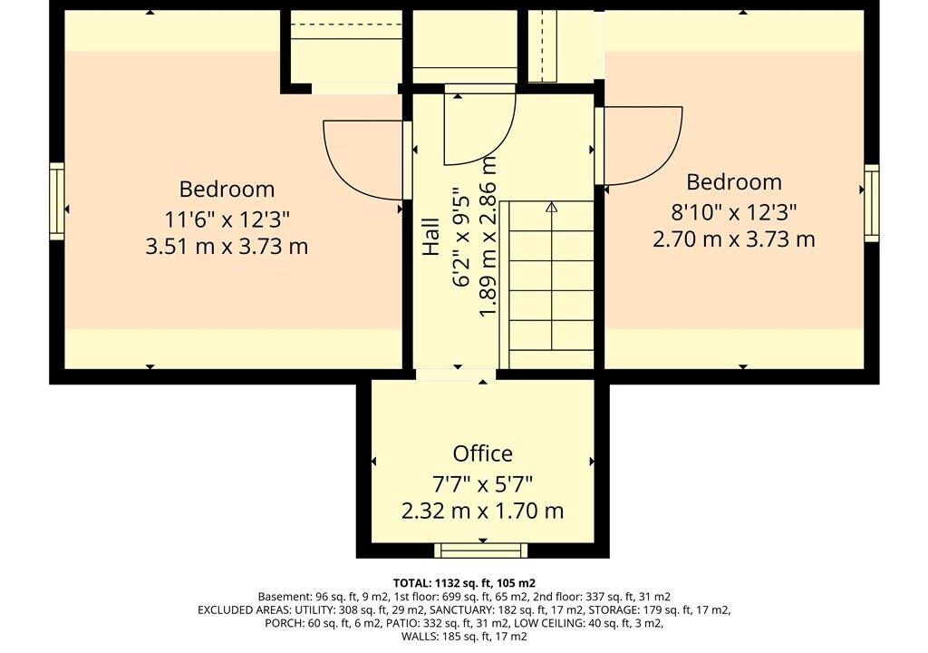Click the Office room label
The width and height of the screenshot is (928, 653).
(482, 453)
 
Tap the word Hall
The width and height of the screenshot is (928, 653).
(430, 237)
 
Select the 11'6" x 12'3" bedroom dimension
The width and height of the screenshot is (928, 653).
(227, 219)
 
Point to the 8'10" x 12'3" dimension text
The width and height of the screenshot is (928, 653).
(734, 211)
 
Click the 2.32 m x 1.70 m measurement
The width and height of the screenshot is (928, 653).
(482, 511)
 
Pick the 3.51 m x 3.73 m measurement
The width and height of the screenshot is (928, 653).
(227, 246)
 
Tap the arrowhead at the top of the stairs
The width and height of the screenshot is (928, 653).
(552, 208)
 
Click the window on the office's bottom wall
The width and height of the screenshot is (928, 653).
(480, 551)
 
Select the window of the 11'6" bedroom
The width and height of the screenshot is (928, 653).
(57, 201)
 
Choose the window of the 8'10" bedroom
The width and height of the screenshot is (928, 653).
(871, 203)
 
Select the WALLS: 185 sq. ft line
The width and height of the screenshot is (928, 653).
(464, 637)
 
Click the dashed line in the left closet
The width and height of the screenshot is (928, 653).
(346, 24)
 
